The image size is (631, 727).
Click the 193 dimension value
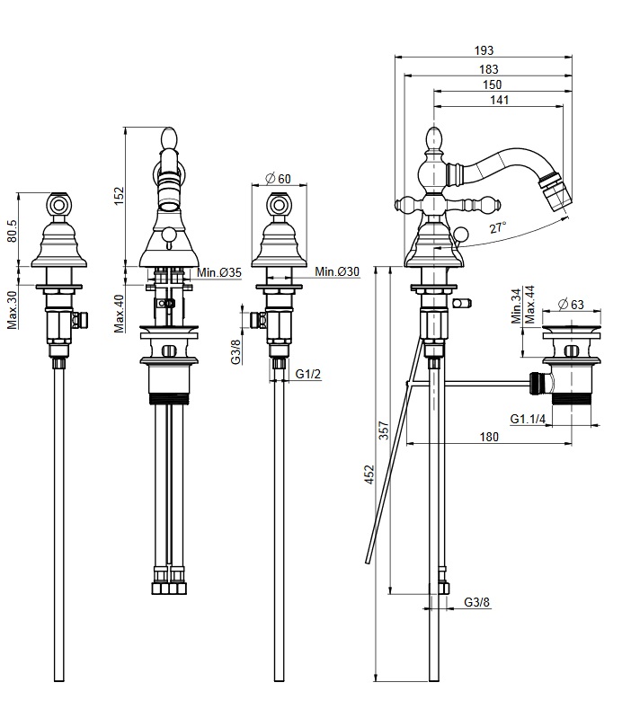point(486,51)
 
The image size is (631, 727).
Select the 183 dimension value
point(490,68)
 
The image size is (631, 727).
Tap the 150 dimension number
point(493,84)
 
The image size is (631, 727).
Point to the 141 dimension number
point(499,101)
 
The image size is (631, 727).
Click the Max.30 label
point(12,310)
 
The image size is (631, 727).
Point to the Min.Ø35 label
point(220,272)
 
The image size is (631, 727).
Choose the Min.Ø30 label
point(337,272)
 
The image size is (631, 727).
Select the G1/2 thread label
point(308,374)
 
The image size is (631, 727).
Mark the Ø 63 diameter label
point(570,305)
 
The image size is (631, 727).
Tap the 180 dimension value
point(489,437)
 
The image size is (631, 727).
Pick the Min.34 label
point(516,307)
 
